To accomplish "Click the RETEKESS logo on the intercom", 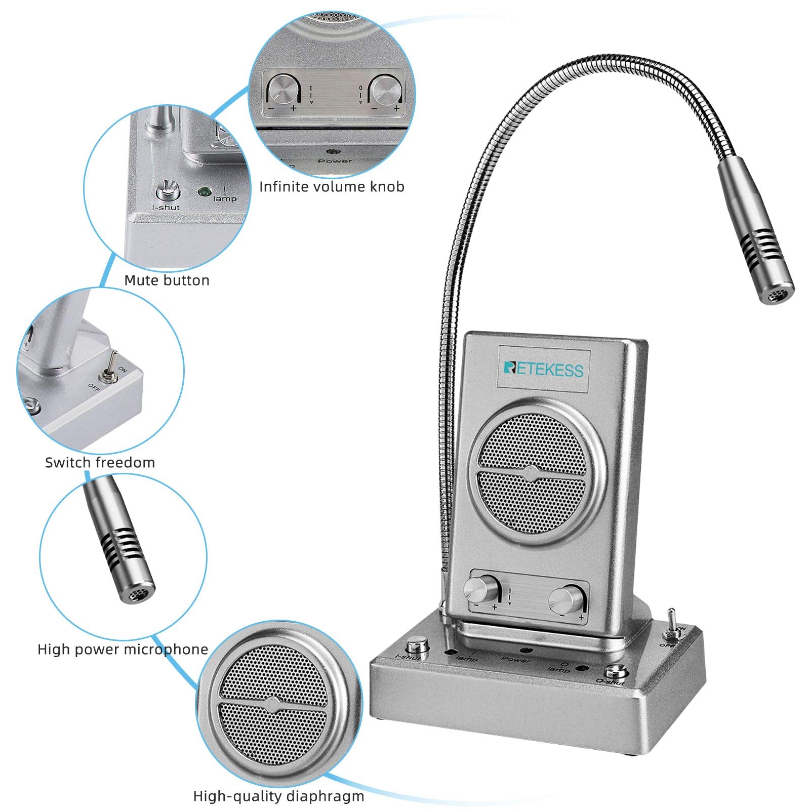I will (x=543, y=369).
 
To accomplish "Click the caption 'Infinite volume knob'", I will (x=332, y=187).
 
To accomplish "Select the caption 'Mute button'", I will (x=167, y=280).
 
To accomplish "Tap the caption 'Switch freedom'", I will (x=100, y=462).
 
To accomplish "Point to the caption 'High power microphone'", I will (x=123, y=650).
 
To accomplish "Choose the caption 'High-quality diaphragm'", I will (x=278, y=796).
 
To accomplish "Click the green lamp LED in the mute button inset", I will (x=204, y=192).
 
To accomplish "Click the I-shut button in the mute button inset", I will (x=166, y=191).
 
